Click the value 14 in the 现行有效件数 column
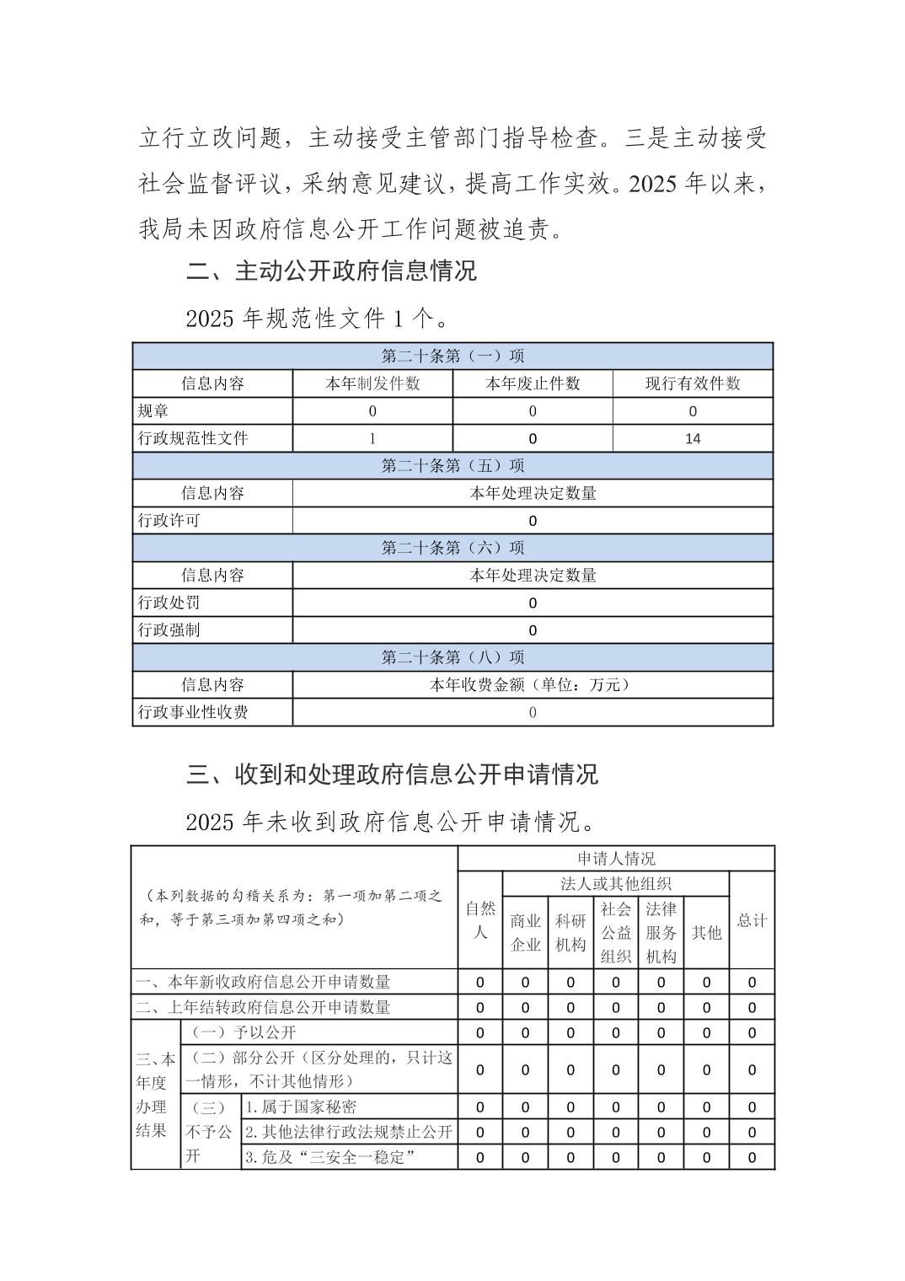(x=693, y=438)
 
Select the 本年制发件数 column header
(x=372, y=383)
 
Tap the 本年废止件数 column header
(x=533, y=383)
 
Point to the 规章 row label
(x=153, y=411)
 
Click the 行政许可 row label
(x=169, y=521)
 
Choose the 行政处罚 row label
(x=169, y=603)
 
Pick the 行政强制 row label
(x=169, y=630)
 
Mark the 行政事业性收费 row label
(x=193, y=712)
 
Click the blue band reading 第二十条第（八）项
(x=452, y=657)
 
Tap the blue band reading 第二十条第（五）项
(x=452, y=465)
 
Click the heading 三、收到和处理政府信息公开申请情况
(x=392, y=774)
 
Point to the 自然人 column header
(x=480, y=920)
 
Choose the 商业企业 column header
(x=525, y=932)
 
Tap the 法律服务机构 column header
(x=661, y=932)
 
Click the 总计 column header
(x=752, y=920)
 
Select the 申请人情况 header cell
(x=616, y=859)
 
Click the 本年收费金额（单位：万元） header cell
(x=533, y=685)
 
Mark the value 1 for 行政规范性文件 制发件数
(x=372, y=438)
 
